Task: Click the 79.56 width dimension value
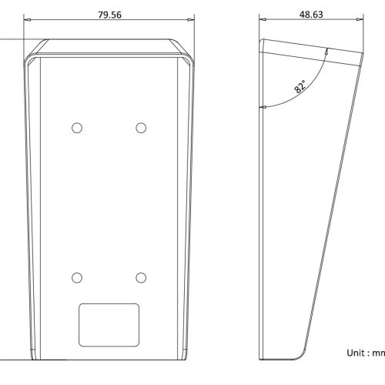point(109,15)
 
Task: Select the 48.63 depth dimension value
point(311,15)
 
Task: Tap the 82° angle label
point(300,86)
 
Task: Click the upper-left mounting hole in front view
point(77,128)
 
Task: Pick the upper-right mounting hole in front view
point(141,128)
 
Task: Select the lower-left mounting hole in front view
point(77,278)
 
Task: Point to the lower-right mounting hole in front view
point(141,278)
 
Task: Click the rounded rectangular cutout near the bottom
point(109,325)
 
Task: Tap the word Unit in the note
point(356,353)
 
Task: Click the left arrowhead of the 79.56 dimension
point(27,19)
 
